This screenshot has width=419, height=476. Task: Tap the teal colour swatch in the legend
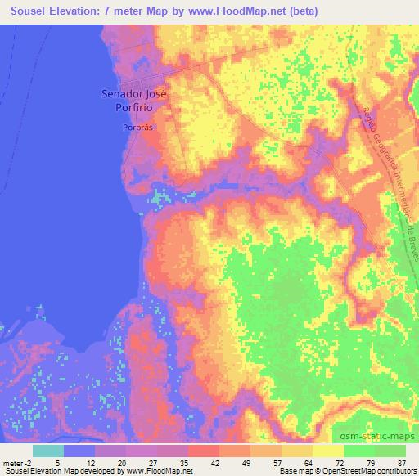(48, 451)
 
